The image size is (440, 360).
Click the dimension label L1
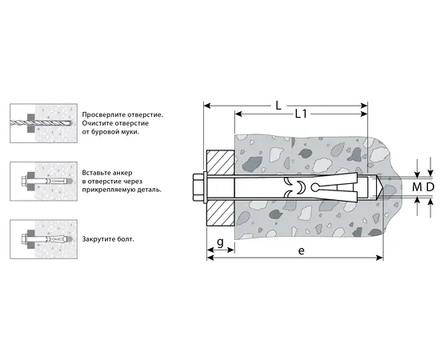[x=301, y=114]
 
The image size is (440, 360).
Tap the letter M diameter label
[x=417, y=187]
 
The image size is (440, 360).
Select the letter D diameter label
[x=430, y=187]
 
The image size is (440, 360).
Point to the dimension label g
[x=221, y=242]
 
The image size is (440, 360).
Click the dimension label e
[x=301, y=250]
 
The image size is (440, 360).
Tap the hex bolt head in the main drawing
[x=198, y=187]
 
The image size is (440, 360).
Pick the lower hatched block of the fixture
[x=220, y=214]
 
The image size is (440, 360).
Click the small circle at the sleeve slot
[x=315, y=187]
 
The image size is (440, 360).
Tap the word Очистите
[x=95, y=123]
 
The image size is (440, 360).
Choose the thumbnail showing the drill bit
[x=44, y=123]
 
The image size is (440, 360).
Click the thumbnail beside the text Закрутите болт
[x=44, y=239]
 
